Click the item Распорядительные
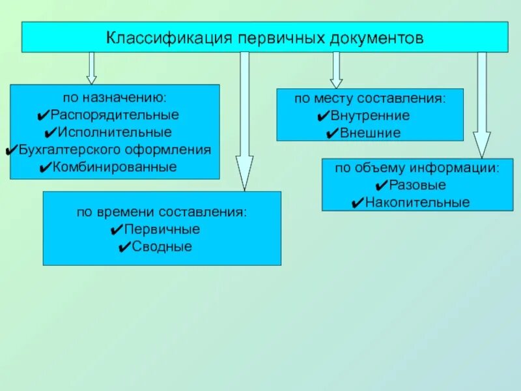point(115,115)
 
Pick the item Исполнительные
point(115,132)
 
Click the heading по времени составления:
point(162,212)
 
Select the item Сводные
point(162,247)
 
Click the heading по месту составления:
point(370,98)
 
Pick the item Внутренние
point(370,116)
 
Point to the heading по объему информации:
point(417,168)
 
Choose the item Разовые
point(417,185)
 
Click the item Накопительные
point(417,203)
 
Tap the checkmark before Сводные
point(125,248)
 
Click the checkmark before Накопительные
point(357,203)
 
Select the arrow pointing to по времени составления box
point(244,121)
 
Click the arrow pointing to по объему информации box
point(482,104)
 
